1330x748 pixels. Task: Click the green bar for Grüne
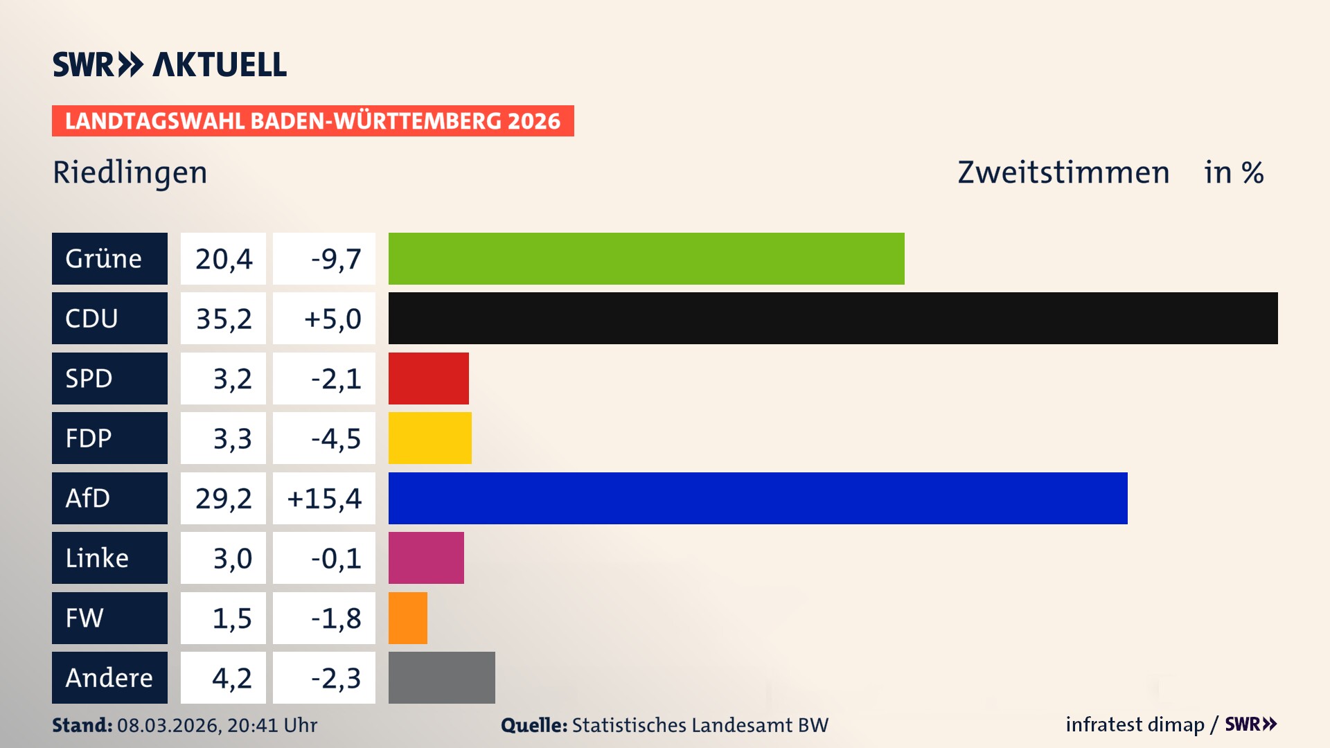point(646,258)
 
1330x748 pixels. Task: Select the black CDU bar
point(833,319)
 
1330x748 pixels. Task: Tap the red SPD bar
point(428,378)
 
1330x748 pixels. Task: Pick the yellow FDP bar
point(429,438)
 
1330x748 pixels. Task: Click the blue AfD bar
point(758,498)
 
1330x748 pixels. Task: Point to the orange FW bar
point(407,618)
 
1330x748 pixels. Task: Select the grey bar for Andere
point(441,677)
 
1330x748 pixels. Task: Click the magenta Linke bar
point(426,558)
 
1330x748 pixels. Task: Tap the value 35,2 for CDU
point(223,319)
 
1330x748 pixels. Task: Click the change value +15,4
point(324,498)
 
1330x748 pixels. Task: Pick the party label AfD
point(88,498)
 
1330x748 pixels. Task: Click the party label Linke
point(97,558)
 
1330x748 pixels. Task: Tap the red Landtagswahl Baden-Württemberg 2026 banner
point(312,121)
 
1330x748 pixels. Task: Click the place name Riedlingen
point(130,172)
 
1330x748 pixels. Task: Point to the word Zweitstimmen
point(1063,172)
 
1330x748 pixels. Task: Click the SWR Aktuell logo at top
point(170,64)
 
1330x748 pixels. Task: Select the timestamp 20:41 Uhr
point(272,725)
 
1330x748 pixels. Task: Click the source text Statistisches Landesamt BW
point(700,725)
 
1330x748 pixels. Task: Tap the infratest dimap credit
point(1135,724)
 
